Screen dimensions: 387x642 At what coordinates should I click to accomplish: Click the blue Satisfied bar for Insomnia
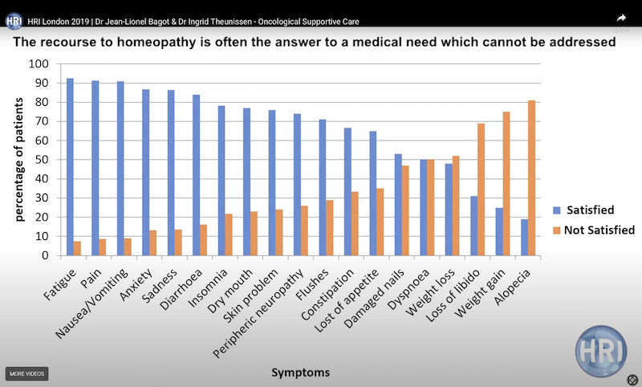(x=221, y=181)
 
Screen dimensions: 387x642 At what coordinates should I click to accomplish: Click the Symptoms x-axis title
(x=300, y=373)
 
